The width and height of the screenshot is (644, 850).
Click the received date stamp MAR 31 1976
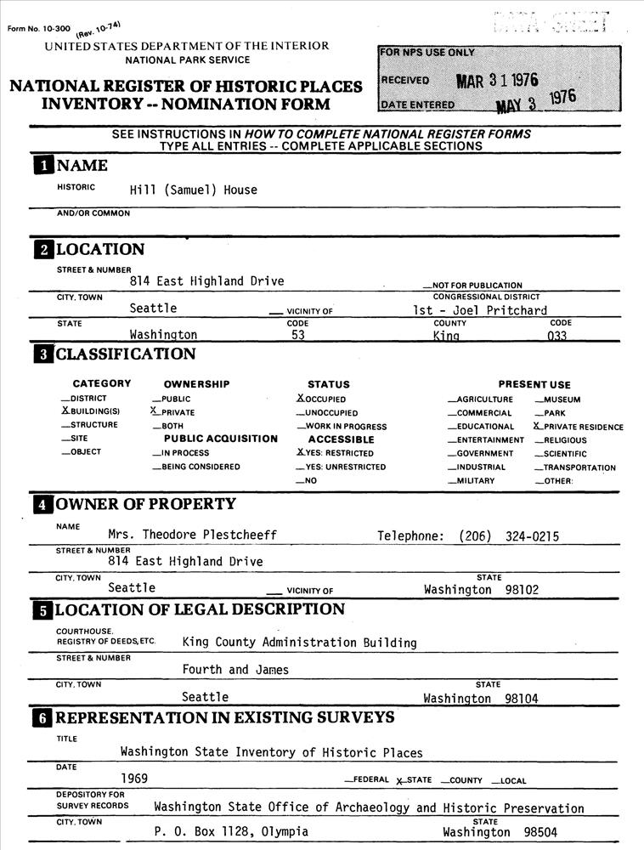[497, 81]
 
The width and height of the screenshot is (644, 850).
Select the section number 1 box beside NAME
[42, 166]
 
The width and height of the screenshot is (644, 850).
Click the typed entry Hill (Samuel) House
[193, 190]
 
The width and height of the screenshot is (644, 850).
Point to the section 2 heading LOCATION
[100, 249]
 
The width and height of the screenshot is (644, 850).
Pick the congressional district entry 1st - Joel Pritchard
[474, 310]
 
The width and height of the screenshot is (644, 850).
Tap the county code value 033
[557, 335]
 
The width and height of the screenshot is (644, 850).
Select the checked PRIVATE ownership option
[173, 412]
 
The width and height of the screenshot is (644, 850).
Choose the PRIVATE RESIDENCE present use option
[579, 427]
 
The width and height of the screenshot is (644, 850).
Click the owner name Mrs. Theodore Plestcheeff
[192, 535]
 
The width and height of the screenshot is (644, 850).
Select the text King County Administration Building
[299, 643]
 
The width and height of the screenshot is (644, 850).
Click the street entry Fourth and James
[235, 670]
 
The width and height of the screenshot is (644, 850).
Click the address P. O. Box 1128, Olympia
[231, 832]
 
